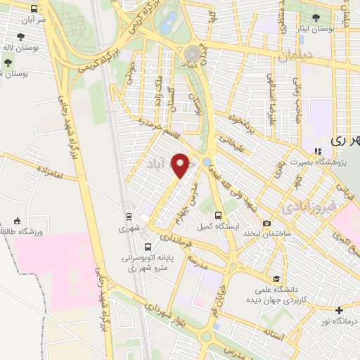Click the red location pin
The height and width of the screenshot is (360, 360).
[x=181, y=164]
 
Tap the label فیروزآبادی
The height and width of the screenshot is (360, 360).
[x=309, y=208]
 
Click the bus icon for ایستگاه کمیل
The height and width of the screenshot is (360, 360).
[x=218, y=214]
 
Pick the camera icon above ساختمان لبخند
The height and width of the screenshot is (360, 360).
[x=266, y=223]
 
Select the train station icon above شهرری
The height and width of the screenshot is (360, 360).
[x=129, y=217]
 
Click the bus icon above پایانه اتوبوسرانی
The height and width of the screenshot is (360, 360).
[x=148, y=247]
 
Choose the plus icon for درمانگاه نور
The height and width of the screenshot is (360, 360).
[x=339, y=310]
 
